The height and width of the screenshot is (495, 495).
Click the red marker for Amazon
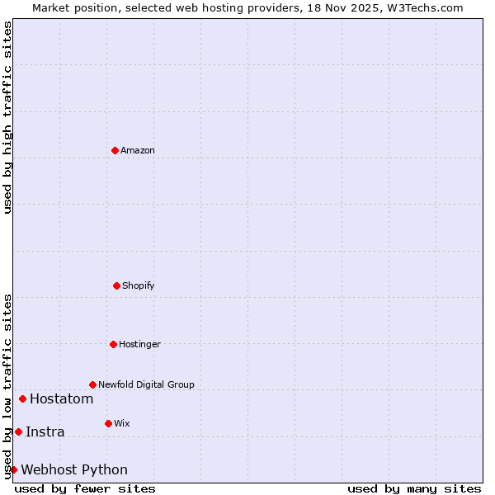[x=115, y=150]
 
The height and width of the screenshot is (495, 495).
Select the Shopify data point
[x=116, y=285]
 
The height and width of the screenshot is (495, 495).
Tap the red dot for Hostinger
[x=113, y=344]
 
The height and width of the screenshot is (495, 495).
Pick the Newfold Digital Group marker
[x=92, y=384]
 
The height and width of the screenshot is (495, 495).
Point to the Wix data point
[x=108, y=423]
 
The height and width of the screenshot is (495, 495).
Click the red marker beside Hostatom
[x=22, y=399]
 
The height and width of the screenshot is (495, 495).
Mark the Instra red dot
[x=18, y=431]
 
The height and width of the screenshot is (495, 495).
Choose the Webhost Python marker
[x=13, y=469]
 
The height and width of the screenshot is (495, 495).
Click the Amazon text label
[x=138, y=150]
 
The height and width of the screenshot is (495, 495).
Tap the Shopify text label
[x=139, y=285]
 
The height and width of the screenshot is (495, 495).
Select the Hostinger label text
[x=139, y=344]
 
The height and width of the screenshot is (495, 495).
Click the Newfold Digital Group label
[x=146, y=384]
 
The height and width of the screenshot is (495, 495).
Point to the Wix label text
[x=122, y=423]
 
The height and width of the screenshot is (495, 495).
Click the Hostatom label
[x=62, y=399]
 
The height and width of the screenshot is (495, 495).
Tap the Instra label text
[x=45, y=431]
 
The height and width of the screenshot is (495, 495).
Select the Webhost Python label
[x=74, y=469]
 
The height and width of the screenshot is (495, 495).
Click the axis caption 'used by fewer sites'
[x=85, y=488]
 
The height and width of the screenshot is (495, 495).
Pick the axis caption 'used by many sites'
[x=414, y=488]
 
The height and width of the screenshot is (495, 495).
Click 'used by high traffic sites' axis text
[x=7, y=117]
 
